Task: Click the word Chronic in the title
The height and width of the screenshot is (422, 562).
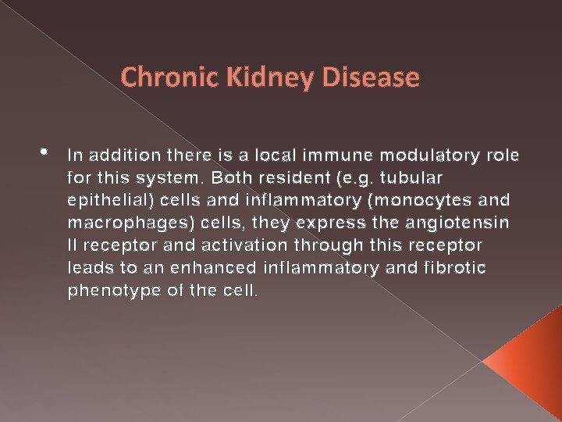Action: click(x=158, y=78)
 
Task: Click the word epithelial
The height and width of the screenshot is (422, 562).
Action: click(x=108, y=200)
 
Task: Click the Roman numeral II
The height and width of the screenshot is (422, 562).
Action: click(x=73, y=245)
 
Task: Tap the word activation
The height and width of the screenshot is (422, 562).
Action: click(x=233, y=245)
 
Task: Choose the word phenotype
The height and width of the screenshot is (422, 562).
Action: click(x=108, y=291)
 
